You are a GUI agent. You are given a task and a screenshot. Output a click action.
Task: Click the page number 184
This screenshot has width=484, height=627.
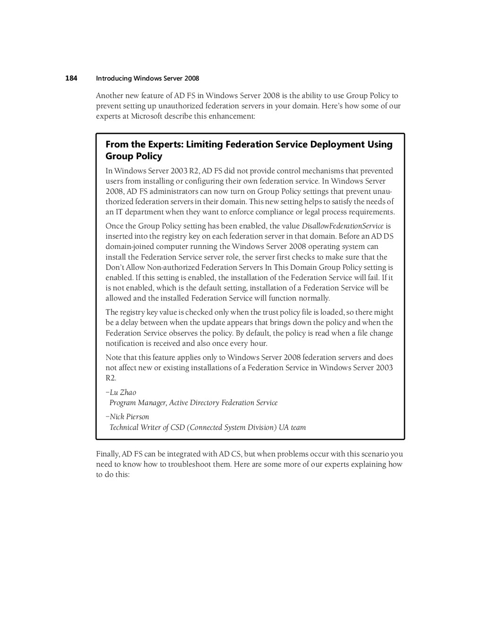[71, 78]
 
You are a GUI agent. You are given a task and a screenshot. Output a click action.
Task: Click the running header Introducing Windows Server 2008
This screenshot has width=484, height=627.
[147, 79]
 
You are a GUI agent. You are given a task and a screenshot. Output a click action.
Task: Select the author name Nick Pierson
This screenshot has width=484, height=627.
[129, 417]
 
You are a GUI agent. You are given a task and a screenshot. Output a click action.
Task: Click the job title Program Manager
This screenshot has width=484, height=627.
[138, 403]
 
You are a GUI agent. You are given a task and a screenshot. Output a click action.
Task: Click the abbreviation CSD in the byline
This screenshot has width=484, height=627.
[178, 427]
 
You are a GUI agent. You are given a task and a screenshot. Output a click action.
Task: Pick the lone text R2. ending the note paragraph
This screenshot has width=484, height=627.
[111, 378]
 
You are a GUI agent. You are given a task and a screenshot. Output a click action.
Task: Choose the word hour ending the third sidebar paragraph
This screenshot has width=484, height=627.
[258, 344]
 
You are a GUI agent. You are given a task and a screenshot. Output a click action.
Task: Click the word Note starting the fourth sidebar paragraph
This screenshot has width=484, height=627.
[113, 358]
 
